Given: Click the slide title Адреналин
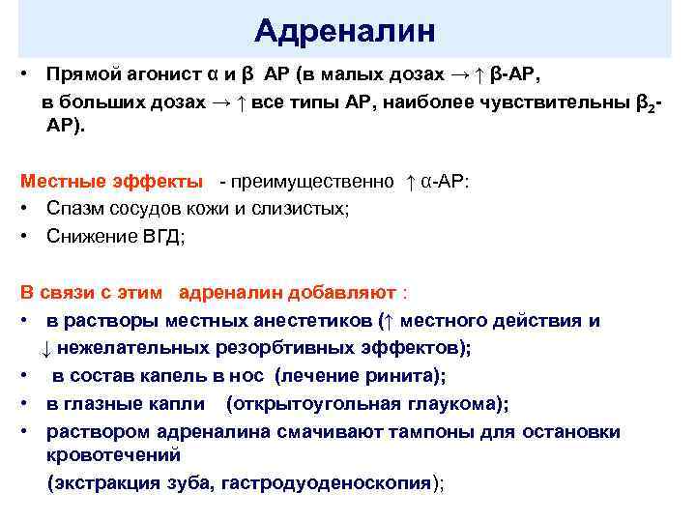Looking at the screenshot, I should click(x=345, y=31).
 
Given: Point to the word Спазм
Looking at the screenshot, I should click(x=74, y=209).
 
